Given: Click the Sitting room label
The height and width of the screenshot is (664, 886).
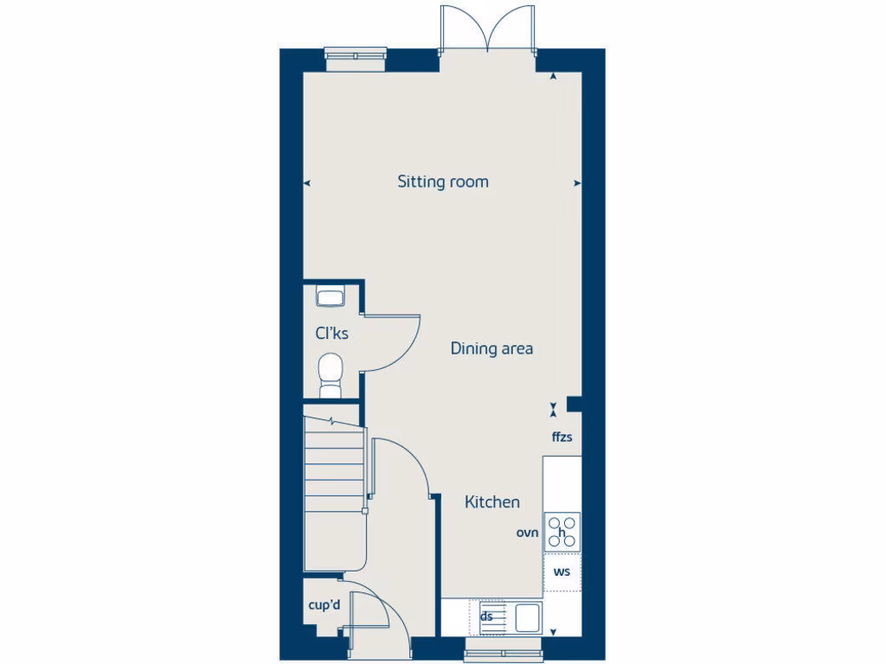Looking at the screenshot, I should pos(443,182).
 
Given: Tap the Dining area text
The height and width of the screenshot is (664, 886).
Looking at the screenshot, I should pos(491,349).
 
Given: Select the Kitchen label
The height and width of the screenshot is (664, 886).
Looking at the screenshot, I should pos(492,501).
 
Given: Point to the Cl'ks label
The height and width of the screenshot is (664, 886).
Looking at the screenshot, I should pos(331,333).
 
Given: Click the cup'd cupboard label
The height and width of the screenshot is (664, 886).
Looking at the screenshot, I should pos(324,606).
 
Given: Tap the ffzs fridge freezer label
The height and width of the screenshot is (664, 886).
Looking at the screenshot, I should pos(562,437).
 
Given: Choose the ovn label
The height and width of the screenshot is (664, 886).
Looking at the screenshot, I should pos(528,533).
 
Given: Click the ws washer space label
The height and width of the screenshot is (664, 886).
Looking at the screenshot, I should pos(562,572).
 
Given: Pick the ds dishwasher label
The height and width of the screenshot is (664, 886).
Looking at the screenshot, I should pos(487,616).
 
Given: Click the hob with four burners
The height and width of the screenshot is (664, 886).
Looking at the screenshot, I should pos(562,532).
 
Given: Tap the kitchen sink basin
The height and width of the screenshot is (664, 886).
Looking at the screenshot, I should pos(527,618).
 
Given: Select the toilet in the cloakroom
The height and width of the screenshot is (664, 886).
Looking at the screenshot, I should pos(331,373).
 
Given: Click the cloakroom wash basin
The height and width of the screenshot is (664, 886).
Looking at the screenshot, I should pos(331,297).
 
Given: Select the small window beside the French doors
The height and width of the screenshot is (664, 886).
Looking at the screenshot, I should pos(356,54).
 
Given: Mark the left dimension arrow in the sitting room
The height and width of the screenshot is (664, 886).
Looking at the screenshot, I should pos(306,182).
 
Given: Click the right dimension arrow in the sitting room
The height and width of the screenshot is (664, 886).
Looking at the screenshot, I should pos(577,182).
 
